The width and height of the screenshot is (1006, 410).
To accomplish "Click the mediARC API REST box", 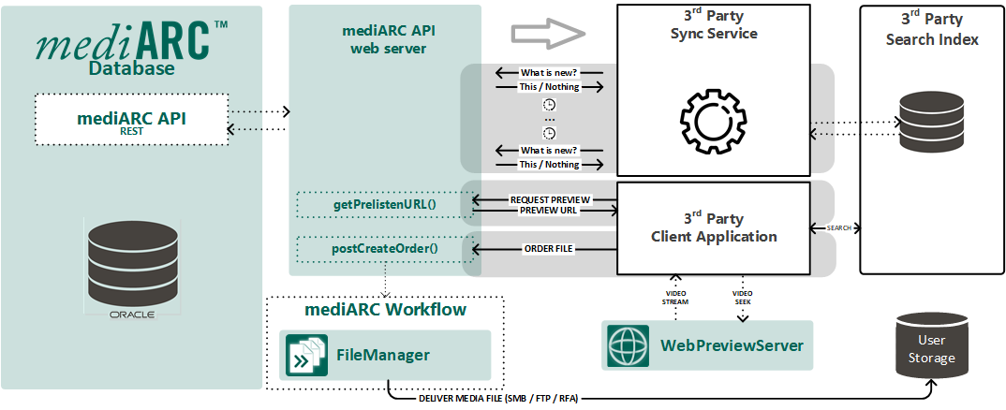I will (x=131, y=119).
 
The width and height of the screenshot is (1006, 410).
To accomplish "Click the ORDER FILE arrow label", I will (x=548, y=249).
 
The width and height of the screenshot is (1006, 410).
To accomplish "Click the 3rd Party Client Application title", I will (x=714, y=227).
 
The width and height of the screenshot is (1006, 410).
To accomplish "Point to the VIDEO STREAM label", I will (x=676, y=297).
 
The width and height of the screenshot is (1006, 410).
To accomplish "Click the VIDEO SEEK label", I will (x=743, y=297).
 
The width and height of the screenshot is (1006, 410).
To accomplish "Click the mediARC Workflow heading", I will (x=386, y=309).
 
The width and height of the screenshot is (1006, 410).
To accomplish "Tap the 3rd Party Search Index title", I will (x=932, y=29).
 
